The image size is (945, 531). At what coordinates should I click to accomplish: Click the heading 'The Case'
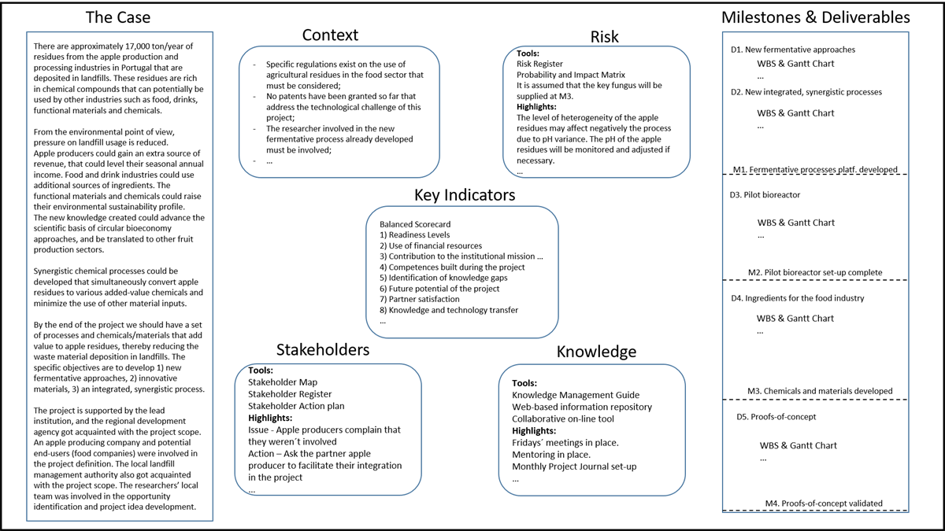tap(117, 17)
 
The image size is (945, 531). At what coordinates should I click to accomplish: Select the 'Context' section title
tap(330, 35)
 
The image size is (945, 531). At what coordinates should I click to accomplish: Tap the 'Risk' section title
tap(605, 36)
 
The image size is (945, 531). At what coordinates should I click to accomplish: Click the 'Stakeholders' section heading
tap(323, 350)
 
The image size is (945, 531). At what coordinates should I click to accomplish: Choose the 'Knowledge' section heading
tap(596, 352)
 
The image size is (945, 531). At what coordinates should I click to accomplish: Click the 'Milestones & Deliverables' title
tap(816, 17)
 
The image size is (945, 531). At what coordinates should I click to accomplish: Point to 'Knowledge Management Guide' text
tap(576, 395)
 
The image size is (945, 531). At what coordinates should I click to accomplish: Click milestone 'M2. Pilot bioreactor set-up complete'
tap(815, 272)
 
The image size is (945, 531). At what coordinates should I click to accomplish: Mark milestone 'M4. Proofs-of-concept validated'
tap(824, 503)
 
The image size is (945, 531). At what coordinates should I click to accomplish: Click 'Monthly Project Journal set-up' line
tap(574, 466)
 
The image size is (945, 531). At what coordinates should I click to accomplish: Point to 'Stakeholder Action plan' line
tap(296, 406)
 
